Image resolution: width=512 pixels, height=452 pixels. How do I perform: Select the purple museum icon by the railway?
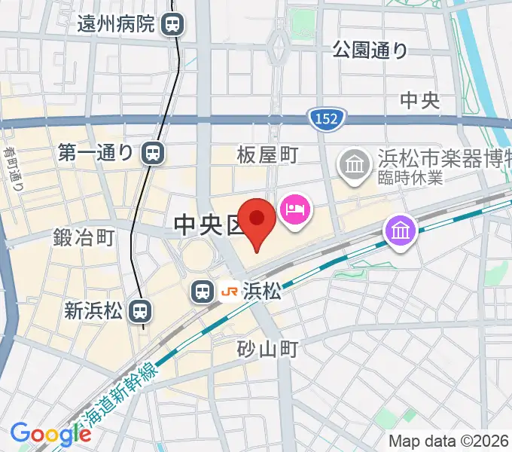click(400, 231)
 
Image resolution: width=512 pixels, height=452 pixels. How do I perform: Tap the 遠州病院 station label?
click(116, 24)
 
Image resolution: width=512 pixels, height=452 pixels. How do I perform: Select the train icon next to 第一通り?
click(153, 154)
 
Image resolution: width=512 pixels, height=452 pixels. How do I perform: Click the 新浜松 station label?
click(93, 310)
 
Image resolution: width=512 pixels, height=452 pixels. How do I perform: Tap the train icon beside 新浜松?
click(139, 310)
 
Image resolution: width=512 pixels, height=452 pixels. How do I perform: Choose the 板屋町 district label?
click(268, 155)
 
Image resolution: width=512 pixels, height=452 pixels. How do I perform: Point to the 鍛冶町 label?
click(84, 238)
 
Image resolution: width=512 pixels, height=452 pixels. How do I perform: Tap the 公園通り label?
click(370, 50)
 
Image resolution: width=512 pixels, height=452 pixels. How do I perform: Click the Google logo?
click(50, 433)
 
